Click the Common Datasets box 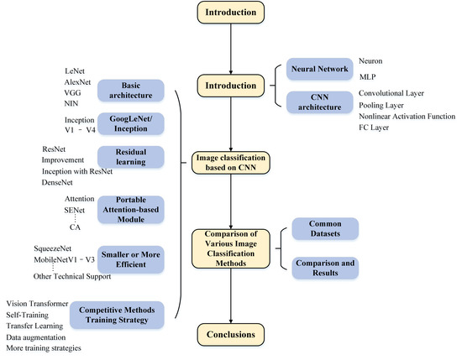click(324, 227)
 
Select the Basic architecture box click(131, 89)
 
